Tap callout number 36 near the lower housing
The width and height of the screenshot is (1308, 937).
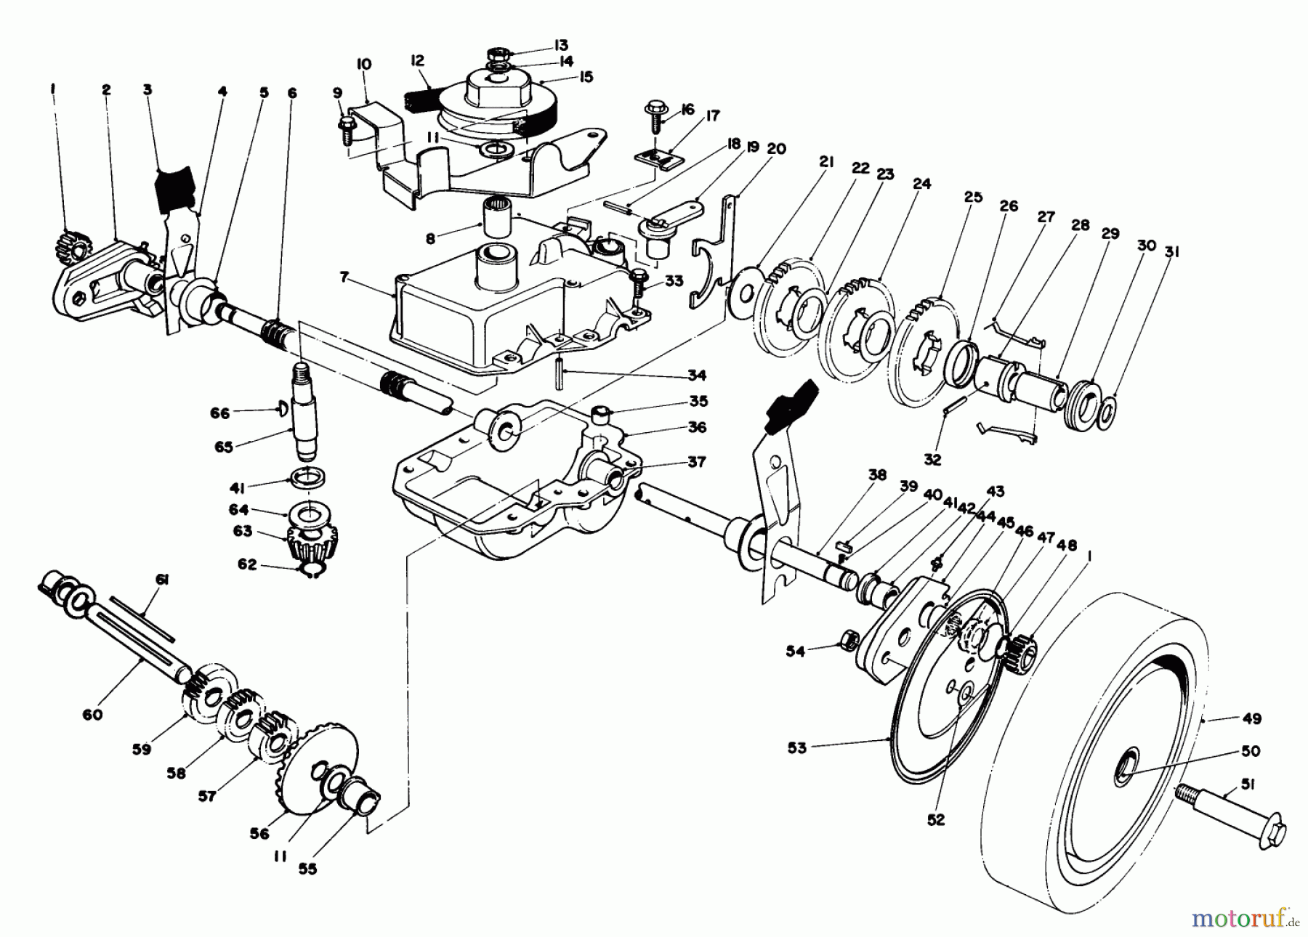tap(697, 427)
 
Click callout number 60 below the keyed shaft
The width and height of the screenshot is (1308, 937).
tap(93, 715)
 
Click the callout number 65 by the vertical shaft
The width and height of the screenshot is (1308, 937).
tap(224, 447)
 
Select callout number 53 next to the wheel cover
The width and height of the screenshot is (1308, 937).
tap(796, 747)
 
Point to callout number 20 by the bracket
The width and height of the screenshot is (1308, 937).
tap(776, 149)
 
